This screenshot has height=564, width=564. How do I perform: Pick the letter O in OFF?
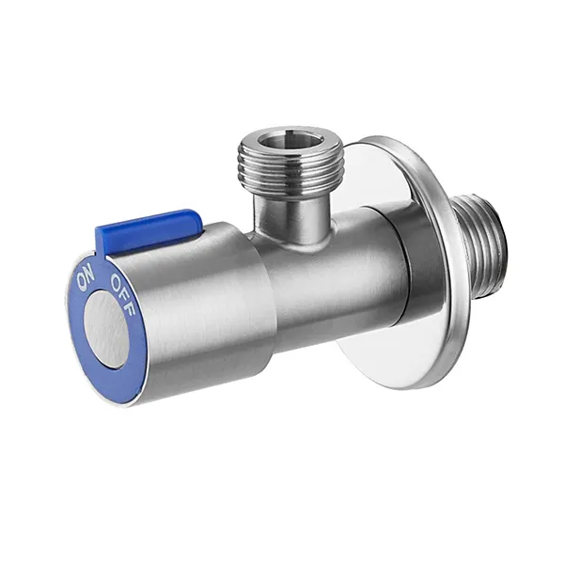click(115, 276)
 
